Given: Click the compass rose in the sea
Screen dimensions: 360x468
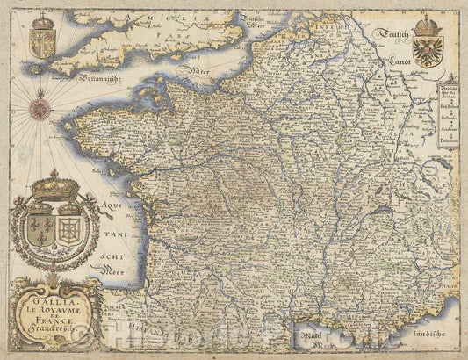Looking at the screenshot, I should click(x=40, y=108).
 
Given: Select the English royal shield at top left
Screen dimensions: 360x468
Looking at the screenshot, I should click(x=41, y=40).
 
